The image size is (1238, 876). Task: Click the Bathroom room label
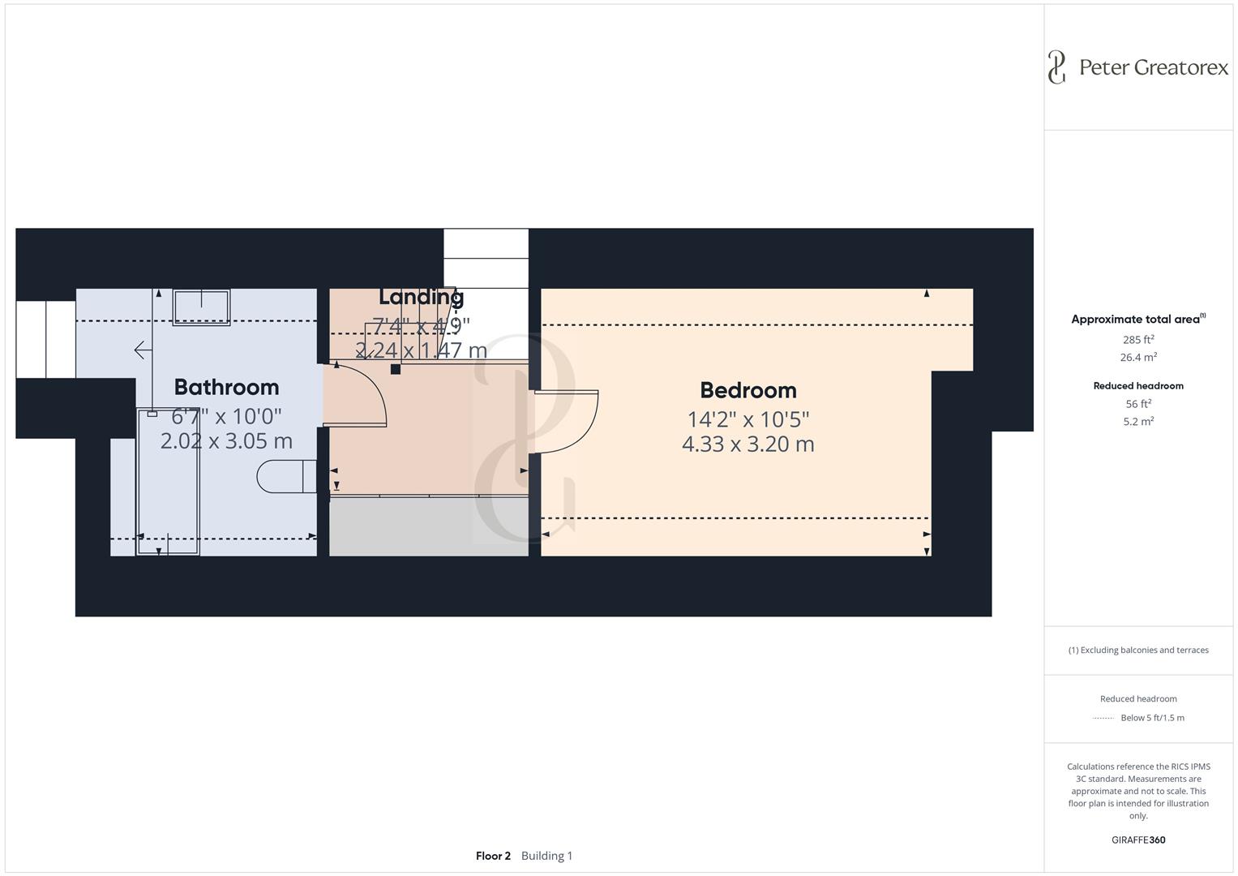point(226,387)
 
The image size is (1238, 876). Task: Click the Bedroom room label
point(748,390)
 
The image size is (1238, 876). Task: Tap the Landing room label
point(421,297)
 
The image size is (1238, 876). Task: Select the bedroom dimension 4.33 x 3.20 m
point(748,444)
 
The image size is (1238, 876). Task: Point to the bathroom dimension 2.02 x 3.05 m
point(226,440)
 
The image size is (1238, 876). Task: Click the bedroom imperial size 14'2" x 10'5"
point(748,419)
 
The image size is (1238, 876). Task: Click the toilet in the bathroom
point(285,477)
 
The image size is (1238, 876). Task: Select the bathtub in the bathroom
point(169,482)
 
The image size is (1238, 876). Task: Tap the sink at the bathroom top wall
point(201,307)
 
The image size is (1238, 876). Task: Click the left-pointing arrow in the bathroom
point(143,350)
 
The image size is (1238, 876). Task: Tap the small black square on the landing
point(396,369)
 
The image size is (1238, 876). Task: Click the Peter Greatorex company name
point(1154,67)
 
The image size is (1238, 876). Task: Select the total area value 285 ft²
point(1137,340)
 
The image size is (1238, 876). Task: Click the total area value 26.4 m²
point(1137,358)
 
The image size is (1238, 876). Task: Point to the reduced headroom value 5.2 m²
point(1137,422)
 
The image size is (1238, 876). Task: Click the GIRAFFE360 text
point(1137,839)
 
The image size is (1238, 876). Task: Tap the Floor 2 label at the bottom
point(493,856)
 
